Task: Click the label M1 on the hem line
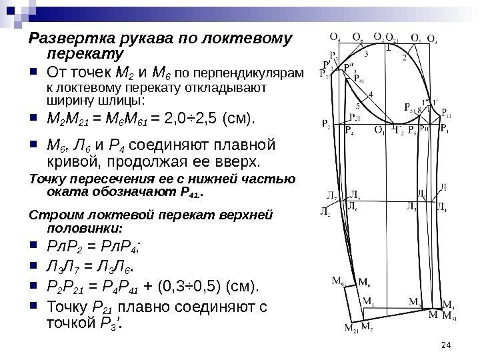coord(368,301)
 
